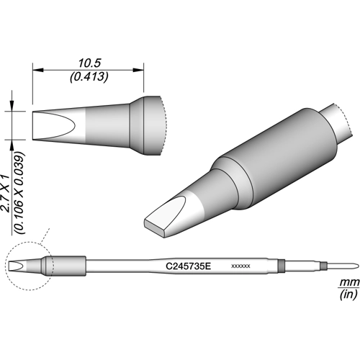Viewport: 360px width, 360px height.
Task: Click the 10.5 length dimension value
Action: coord(89,63)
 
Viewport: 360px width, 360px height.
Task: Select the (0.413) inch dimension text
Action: coord(89,77)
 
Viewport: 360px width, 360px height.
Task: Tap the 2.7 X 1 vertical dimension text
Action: coord(5,194)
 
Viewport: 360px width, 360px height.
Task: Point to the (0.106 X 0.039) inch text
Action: coord(20,193)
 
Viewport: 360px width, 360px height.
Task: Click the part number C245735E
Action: coord(188,266)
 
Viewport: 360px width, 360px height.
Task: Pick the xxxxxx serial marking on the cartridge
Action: coord(240,266)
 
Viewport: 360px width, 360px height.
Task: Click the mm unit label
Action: coord(349,283)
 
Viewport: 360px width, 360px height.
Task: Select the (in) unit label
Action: coord(348,294)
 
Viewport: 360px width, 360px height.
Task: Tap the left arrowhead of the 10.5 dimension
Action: coord(38,70)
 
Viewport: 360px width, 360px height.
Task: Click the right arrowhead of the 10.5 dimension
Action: coord(138,70)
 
